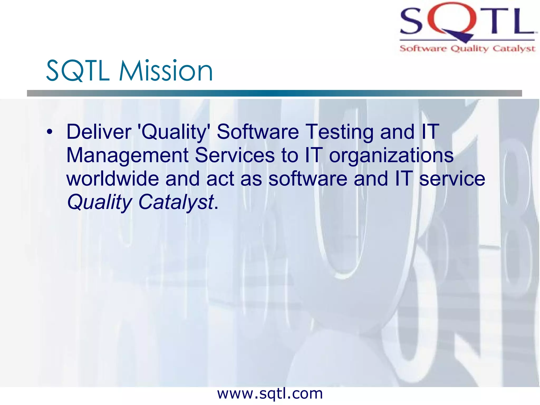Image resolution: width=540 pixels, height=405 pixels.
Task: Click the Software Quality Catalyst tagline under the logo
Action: [467, 49]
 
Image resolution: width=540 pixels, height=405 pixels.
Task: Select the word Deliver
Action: [99, 132]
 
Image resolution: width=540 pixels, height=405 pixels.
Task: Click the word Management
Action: [127, 155]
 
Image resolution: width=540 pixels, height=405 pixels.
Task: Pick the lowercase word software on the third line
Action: [308, 179]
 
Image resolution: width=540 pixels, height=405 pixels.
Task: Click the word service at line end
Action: [452, 179]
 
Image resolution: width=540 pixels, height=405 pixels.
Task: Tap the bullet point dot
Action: [49, 132]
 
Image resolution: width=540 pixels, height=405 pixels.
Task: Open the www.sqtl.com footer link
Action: [270, 394]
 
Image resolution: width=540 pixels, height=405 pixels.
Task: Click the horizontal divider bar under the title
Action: [274, 93]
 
